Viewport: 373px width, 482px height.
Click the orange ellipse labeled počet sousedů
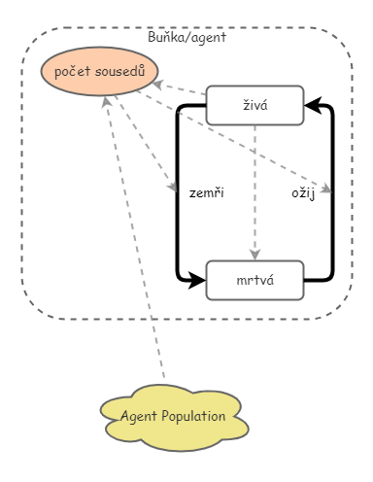click(x=100, y=72)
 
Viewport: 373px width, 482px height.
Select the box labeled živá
click(x=254, y=105)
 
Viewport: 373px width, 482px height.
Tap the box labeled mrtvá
click(x=254, y=281)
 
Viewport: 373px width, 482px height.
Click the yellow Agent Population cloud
click(x=173, y=417)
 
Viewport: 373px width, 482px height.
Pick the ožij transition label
click(x=303, y=193)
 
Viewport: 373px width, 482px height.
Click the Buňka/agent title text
click(x=187, y=37)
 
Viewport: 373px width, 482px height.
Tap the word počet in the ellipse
click(x=73, y=72)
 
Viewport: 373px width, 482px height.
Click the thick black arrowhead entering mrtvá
click(x=196, y=281)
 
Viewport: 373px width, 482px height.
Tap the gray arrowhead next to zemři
click(x=172, y=185)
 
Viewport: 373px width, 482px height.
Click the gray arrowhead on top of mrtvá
click(x=254, y=255)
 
